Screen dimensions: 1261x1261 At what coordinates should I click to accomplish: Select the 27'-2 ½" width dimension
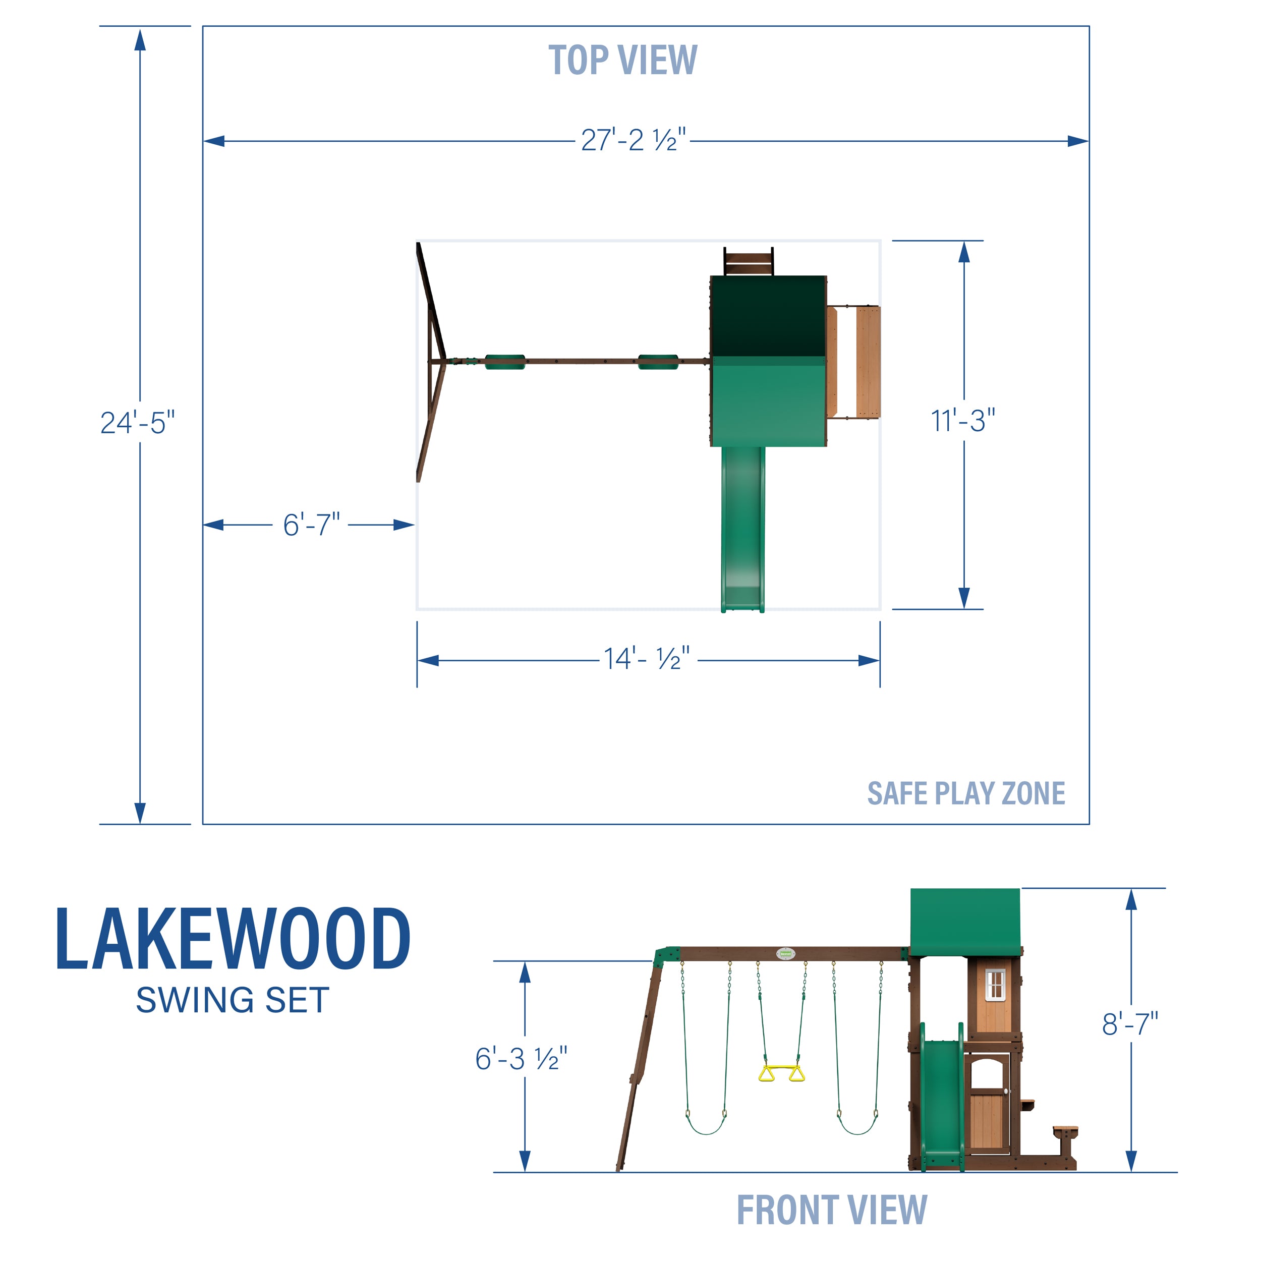point(633,140)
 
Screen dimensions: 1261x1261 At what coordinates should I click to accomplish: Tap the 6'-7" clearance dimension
point(311,525)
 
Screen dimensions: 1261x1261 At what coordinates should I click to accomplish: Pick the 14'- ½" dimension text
point(646,659)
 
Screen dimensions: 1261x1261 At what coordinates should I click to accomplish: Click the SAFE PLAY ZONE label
point(966,793)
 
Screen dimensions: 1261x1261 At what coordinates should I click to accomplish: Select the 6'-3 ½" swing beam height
point(521,1059)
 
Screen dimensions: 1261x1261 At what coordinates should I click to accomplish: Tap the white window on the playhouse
point(995,984)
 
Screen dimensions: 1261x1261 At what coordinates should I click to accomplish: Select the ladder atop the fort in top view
point(748,262)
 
